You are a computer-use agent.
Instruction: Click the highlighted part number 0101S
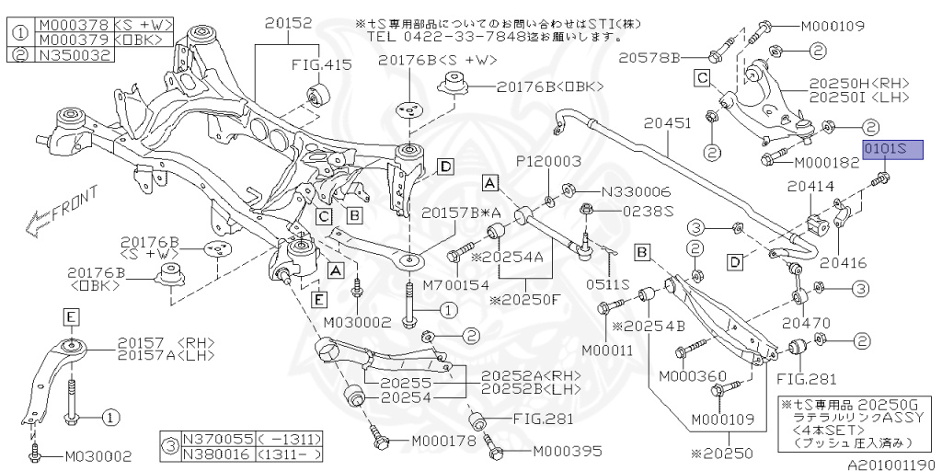click(890, 150)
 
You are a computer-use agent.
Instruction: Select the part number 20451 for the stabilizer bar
click(669, 121)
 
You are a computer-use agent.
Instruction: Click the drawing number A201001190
click(891, 465)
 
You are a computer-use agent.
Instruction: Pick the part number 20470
click(805, 323)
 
